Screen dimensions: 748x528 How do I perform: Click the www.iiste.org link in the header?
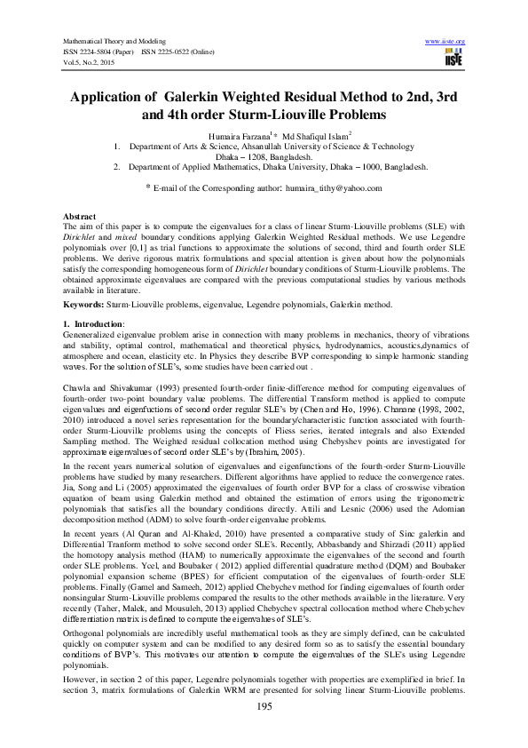(445, 42)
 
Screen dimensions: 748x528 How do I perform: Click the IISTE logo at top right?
(453, 58)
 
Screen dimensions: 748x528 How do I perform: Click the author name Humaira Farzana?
(232, 134)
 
